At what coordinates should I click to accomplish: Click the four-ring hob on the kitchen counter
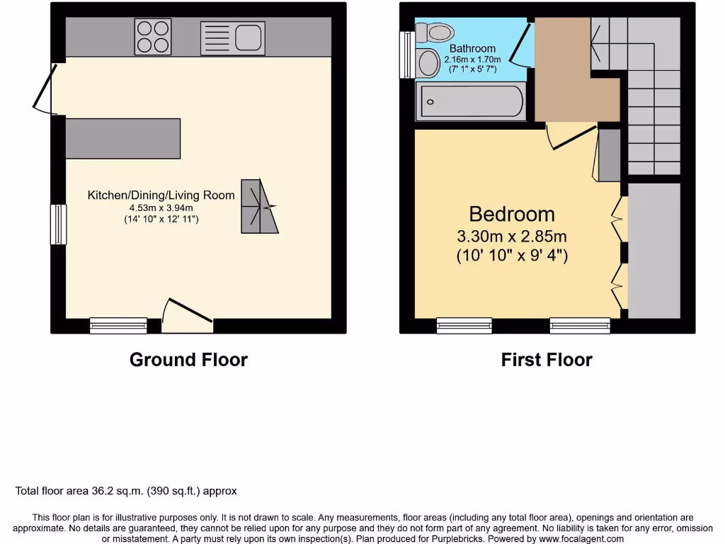(x=154, y=36)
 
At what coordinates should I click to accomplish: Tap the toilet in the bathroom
(x=435, y=32)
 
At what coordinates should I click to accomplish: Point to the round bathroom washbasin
(x=428, y=64)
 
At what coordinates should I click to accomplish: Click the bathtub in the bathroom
(x=471, y=101)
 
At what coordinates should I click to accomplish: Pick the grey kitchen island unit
(x=123, y=137)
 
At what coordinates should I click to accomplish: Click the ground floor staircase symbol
(x=259, y=205)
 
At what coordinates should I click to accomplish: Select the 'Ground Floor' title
(x=188, y=360)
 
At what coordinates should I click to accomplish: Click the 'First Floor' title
(x=547, y=360)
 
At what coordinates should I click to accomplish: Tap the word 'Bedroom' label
(x=512, y=214)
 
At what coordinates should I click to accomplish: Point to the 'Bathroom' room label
(x=472, y=49)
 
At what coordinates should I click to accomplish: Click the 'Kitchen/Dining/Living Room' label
(x=161, y=195)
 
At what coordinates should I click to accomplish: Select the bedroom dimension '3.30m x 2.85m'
(x=512, y=237)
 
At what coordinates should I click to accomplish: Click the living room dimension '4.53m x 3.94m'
(x=161, y=208)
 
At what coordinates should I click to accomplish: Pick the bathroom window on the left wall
(x=406, y=55)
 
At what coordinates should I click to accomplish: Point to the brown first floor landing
(x=570, y=85)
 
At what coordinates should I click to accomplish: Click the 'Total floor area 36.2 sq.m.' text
(x=126, y=491)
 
